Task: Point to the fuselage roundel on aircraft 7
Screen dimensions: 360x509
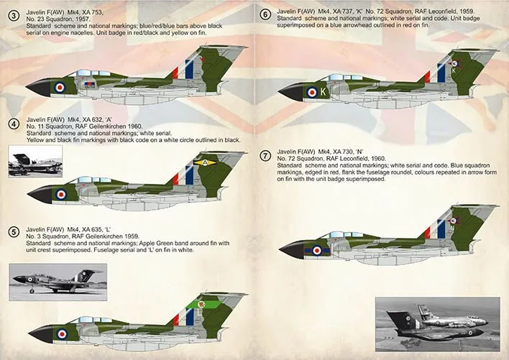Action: click(317, 249)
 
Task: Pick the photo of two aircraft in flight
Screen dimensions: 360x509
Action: click(437, 323)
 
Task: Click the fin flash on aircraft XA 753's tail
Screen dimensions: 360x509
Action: click(189, 69)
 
